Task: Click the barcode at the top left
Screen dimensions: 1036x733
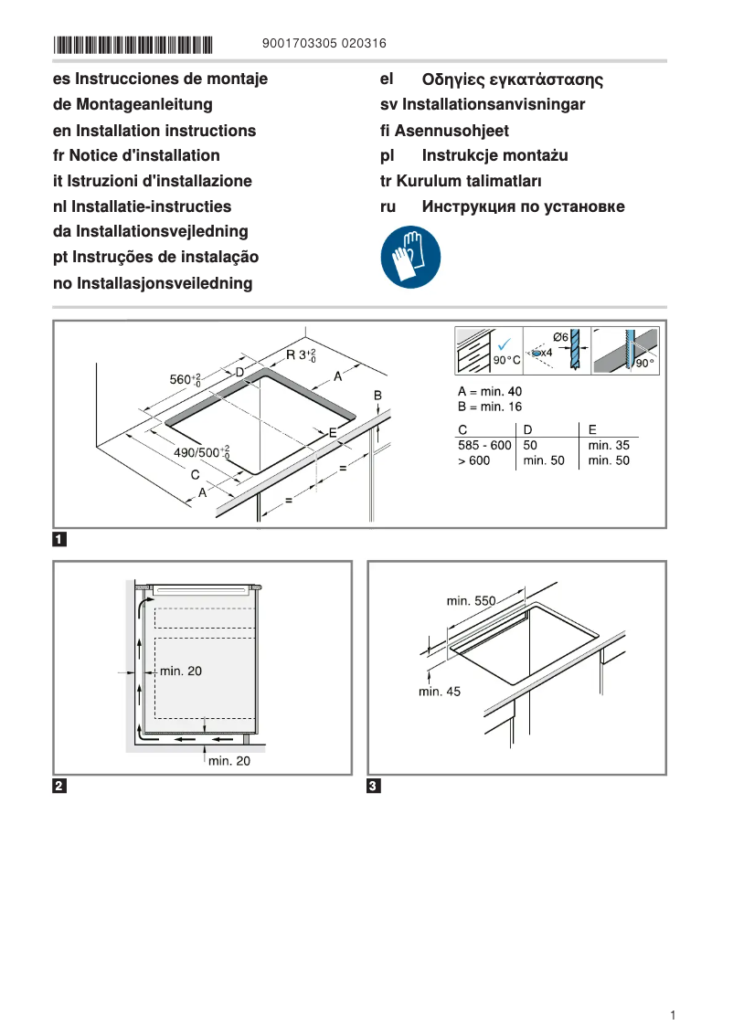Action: click(133, 44)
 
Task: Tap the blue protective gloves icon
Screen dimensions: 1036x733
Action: click(410, 259)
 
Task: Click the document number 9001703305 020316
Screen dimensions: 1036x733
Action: click(324, 43)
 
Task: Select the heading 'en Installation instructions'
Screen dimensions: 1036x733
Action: click(154, 131)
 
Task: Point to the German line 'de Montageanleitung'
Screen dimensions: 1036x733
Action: click(133, 105)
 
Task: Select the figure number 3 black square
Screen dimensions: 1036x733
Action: click(374, 786)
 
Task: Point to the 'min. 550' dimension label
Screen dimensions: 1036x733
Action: click(471, 601)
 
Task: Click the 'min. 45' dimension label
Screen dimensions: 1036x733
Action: click(440, 692)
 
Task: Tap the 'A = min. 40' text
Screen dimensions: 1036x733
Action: click(490, 391)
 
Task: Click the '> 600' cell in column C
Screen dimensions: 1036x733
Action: click(473, 460)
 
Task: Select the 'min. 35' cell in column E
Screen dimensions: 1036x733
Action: click(609, 445)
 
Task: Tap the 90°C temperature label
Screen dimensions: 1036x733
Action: click(506, 361)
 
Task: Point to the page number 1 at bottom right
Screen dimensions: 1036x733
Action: click(673, 1015)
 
